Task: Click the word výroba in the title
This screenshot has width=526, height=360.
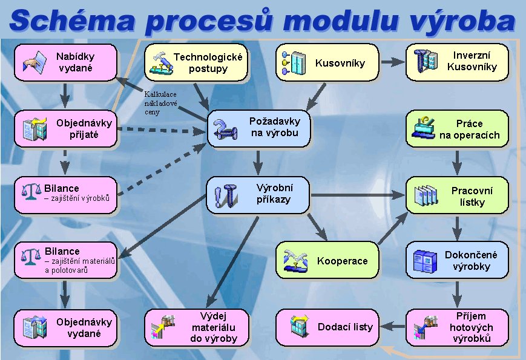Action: pyautogui.click(x=462, y=21)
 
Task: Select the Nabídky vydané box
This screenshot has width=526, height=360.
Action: pyautogui.click(x=65, y=62)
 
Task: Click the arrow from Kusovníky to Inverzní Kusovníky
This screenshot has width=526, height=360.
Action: pyautogui.click(x=392, y=62)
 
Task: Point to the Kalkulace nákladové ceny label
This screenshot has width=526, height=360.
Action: pyautogui.click(x=160, y=103)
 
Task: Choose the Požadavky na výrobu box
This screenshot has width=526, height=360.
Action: pyautogui.click(x=258, y=129)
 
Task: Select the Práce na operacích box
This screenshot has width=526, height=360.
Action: pyautogui.click(x=457, y=129)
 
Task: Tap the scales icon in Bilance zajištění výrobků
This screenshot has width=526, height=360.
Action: pyautogui.click(x=31, y=192)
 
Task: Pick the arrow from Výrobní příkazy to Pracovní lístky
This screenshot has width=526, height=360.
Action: pyautogui.click(x=357, y=195)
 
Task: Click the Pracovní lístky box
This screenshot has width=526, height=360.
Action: pyautogui.click(x=457, y=195)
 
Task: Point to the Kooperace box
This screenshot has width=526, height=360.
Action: pyautogui.click(x=327, y=260)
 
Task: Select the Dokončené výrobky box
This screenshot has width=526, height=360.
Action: pyautogui.click(x=457, y=260)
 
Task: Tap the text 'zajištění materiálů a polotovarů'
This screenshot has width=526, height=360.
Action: pyautogui.click(x=80, y=266)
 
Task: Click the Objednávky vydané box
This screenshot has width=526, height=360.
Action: pyautogui.click(x=65, y=328)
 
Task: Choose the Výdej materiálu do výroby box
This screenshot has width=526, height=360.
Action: pyautogui.click(x=197, y=327)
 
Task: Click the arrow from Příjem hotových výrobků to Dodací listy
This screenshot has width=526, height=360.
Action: pyautogui.click(x=392, y=326)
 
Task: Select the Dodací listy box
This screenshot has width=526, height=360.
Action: pyautogui.click(x=327, y=327)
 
